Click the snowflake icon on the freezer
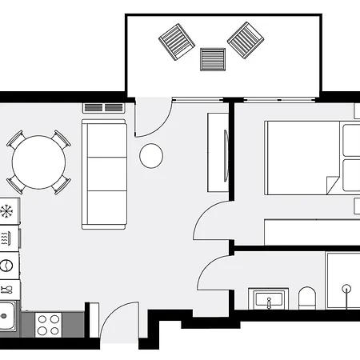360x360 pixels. tap(7, 212)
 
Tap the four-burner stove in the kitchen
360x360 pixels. tap(49, 323)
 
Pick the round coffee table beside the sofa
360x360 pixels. tap(151, 156)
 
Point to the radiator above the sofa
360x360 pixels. tap(103, 107)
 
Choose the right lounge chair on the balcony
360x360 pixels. tap(246, 38)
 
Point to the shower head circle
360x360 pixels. tap(346, 286)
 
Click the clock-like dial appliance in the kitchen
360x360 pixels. tap(7, 264)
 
